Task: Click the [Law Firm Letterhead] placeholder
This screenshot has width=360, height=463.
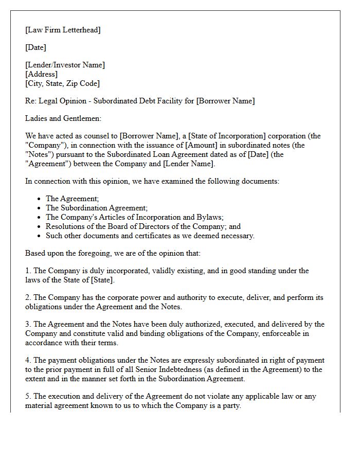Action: pyautogui.click(x=63, y=30)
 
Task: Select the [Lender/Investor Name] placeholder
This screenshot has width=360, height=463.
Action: pyautogui.click(x=65, y=65)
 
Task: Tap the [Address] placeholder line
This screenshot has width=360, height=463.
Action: pyautogui.click(x=42, y=74)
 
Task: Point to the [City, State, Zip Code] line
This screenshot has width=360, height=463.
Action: pyautogui.click(x=62, y=83)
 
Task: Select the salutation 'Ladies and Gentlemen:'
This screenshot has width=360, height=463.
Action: pyautogui.click(x=63, y=118)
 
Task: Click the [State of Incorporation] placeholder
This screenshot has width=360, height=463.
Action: pyautogui.click(x=227, y=136)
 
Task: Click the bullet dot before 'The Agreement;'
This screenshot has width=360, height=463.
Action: pyautogui.click(x=40, y=199)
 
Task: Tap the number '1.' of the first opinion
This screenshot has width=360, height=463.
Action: pyautogui.click(x=28, y=271)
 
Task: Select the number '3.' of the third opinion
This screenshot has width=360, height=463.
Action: pyautogui.click(x=28, y=324)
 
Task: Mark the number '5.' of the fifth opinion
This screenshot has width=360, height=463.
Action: pyautogui.click(x=28, y=396)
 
